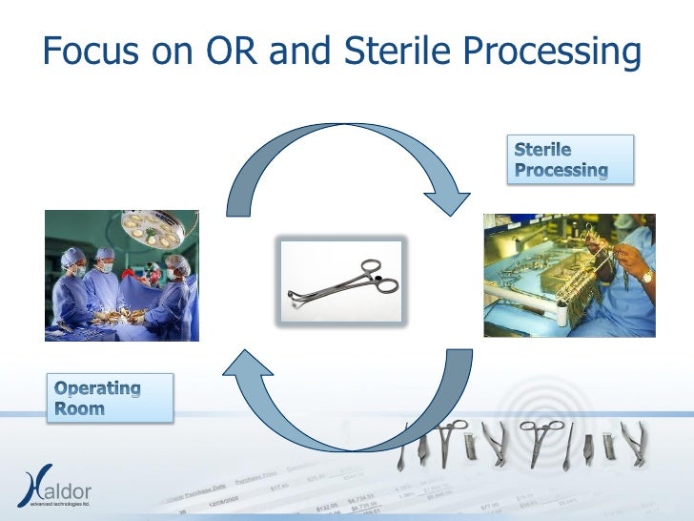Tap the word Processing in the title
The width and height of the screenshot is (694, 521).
[546, 52]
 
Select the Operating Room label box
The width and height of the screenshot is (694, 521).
[110, 398]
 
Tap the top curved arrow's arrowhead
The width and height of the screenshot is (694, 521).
[446, 198]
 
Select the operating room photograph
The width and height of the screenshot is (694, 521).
[122, 276]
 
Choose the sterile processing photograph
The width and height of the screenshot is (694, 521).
[569, 276]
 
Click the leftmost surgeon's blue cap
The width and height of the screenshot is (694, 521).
[72, 257]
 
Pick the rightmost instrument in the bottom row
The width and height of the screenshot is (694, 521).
[632, 443]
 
